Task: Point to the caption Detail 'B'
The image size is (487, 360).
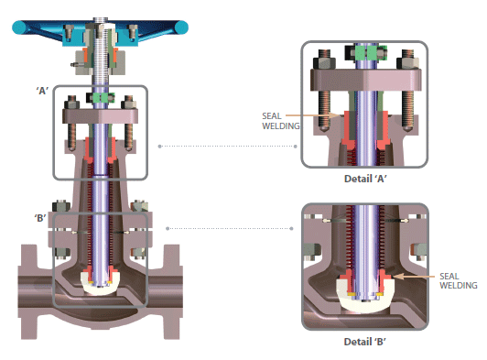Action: [x=365, y=344]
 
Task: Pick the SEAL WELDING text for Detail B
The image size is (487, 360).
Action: [x=457, y=279]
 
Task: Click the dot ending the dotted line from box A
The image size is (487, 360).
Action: [x=160, y=145]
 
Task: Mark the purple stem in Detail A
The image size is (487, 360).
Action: [x=366, y=110]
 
